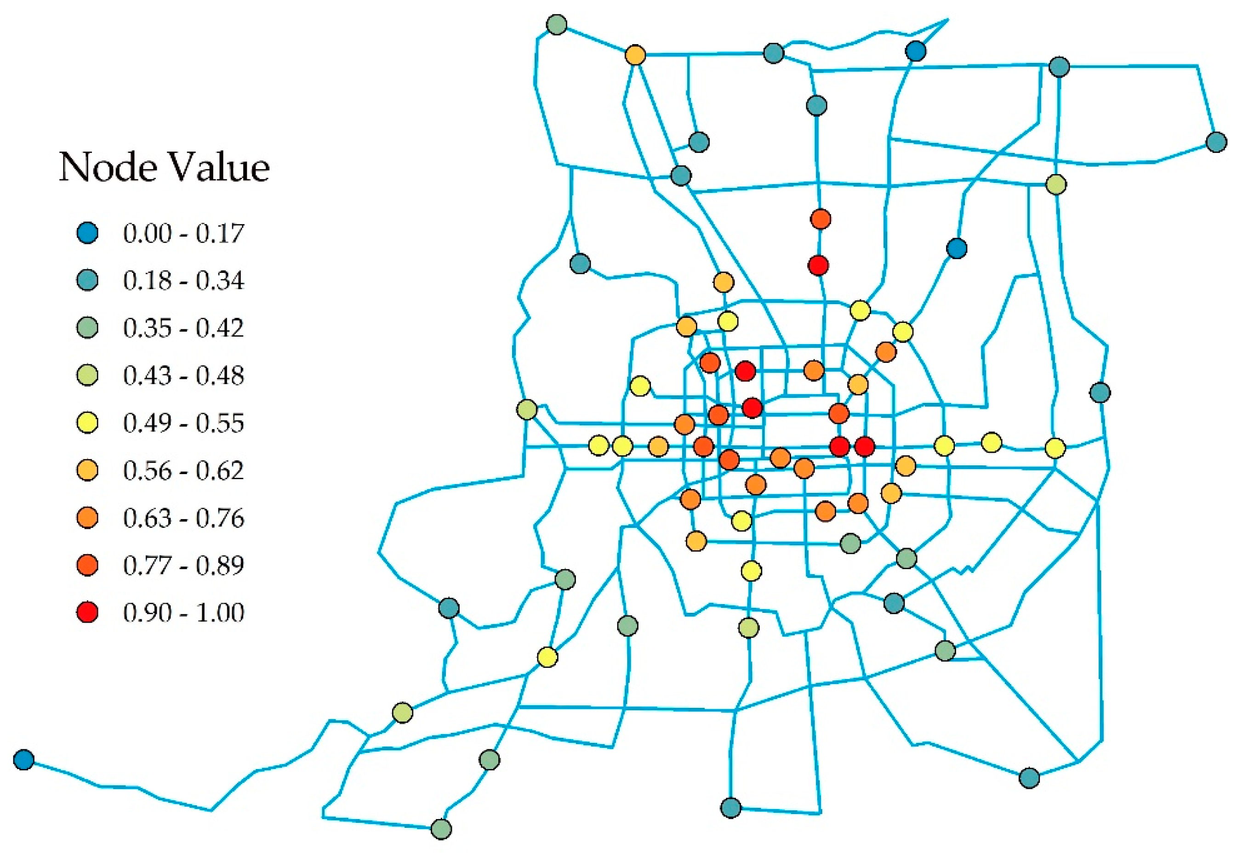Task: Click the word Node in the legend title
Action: tap(108, 168)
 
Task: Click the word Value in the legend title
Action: tap(219, 168)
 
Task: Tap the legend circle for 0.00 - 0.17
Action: tap(88, 233)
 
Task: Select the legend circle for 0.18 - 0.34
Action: tap(88, 280)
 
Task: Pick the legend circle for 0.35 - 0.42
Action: tap(88, 328)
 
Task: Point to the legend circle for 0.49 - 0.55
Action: tap(88, 423)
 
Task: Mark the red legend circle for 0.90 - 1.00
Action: tap(88, 612)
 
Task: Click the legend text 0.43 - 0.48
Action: tap(183, 376)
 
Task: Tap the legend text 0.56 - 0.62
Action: tap(183, 471)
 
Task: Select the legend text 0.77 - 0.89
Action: tap(183, 565)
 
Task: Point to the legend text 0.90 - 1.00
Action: tap(183, 612)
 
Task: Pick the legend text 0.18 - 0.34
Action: tap(183, 280)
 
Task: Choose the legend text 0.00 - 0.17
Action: tap(183, 233)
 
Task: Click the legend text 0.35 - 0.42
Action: tap(183, 328)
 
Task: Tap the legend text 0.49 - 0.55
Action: tap(183, 423)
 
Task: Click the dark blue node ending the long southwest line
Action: tap(23, 759)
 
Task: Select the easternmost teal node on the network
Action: tap(1217, 142)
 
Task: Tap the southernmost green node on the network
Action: tap(441, 829)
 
